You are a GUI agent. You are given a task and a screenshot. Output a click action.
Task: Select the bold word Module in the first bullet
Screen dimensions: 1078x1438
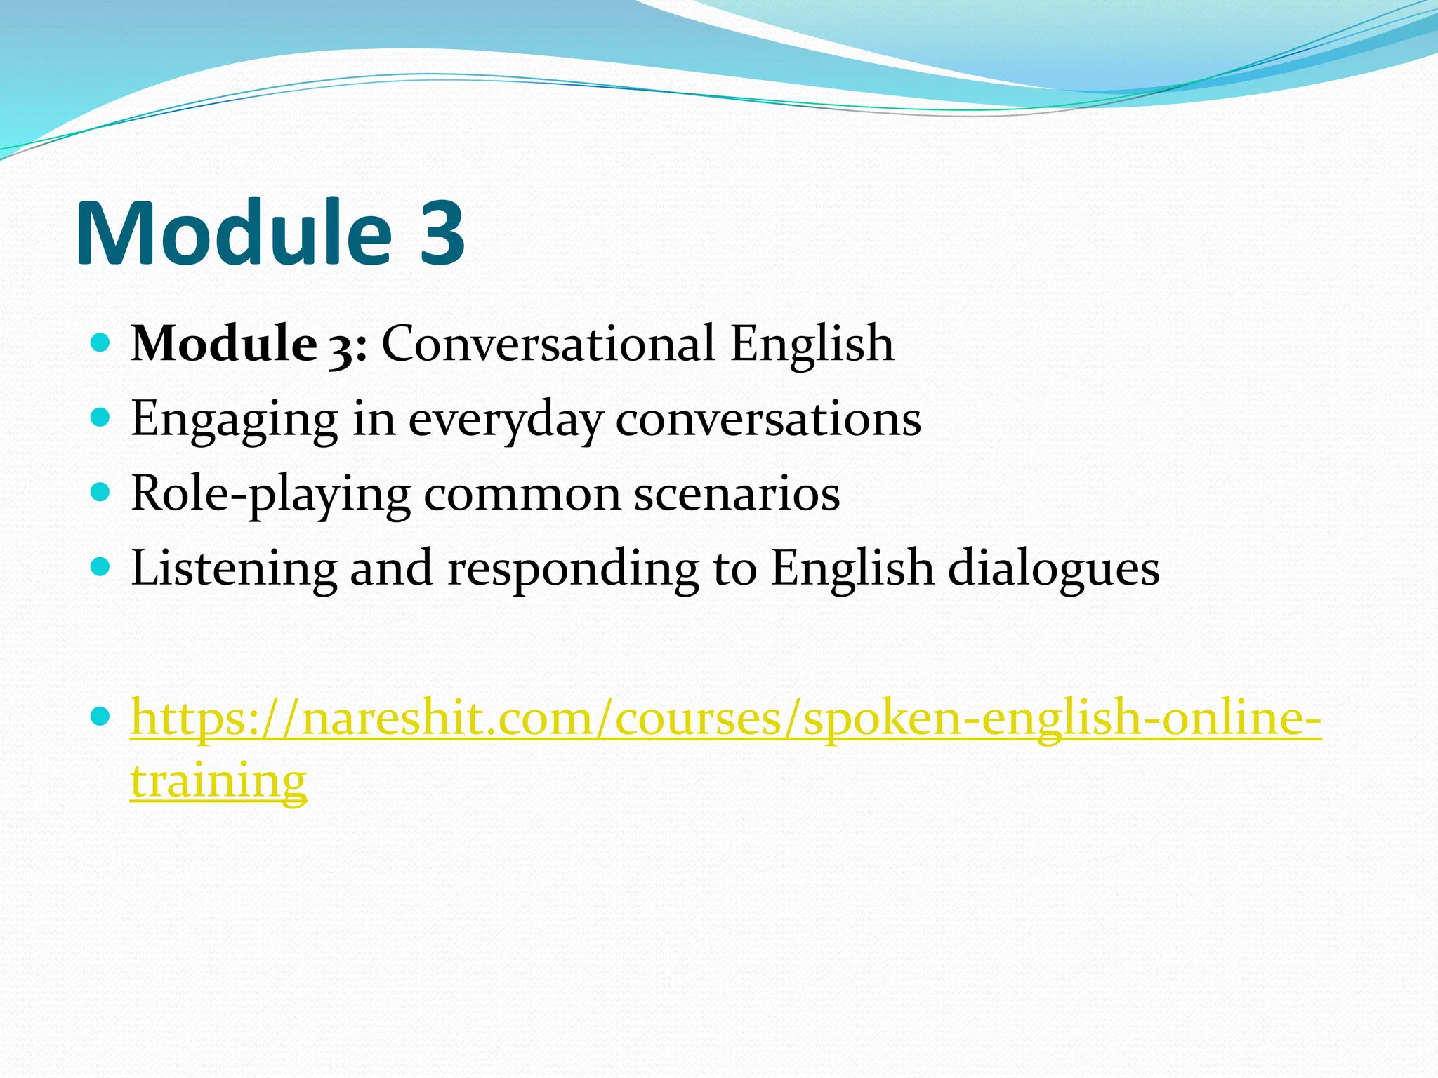click(x=224, y=344)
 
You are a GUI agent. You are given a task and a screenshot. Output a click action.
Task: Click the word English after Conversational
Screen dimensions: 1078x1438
click(x=812, y=344)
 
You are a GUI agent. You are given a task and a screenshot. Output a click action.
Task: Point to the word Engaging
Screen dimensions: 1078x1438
click(x=235, y=420)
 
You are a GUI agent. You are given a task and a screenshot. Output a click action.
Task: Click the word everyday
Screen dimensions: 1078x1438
click(x=506, y=420)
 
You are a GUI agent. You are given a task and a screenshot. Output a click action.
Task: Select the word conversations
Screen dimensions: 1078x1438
click(x=768, y=420)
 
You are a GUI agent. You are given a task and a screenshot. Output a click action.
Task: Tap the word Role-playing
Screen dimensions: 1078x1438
click(x=270, y=494)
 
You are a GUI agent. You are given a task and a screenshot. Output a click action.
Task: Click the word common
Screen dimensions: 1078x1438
click(x=522, y=494)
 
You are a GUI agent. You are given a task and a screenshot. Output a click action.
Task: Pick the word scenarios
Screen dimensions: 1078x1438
click(x=737, y=494)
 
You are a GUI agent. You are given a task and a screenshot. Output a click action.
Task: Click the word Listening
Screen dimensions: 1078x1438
click(x=234, y=568)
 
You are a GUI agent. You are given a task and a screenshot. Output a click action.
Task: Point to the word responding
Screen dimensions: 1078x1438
click(x=573, y=568)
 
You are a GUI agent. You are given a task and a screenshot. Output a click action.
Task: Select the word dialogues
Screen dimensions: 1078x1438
click(x=1053, y=568)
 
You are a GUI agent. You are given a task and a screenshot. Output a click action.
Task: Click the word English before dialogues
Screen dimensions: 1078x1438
click(x=852, y=568)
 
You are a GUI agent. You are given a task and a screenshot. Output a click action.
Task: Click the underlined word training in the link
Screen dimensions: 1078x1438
click(x=218, y=780)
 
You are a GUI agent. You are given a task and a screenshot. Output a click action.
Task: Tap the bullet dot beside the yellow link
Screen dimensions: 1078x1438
click(x=101, y=717)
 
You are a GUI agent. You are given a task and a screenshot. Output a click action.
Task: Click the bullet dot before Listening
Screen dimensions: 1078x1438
click(x=101, y=566)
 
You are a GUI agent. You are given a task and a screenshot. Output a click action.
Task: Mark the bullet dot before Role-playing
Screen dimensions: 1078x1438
click(x=101, y=492)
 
